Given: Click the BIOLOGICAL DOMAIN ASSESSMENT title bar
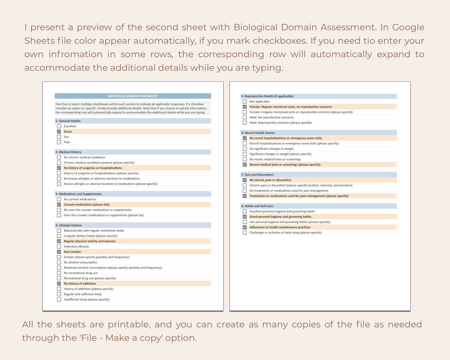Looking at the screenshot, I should [x=133, y=96].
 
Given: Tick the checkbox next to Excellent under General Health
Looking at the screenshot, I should [x=59, y=126].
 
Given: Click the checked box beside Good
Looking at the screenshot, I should [x=59, y=132].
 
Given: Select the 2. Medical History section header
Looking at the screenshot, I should [x=69, y=152].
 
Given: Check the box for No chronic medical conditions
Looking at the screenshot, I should [x=59, y=157].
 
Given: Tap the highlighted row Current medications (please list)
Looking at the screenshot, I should [x=87, y=205].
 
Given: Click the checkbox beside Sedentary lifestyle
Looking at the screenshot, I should [x=59, y=247].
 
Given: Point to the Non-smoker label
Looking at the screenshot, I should [x=72, y=252].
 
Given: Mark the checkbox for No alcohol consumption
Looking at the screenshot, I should [x=59, y=262].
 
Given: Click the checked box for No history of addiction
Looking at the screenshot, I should [x=59, y=284].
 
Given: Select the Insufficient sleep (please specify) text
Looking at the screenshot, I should [x=87, y=300].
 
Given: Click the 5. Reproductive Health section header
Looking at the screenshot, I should [x=268, y=96].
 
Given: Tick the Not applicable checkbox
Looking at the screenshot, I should [x=245, y=101].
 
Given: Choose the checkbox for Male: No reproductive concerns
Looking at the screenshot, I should [x=245, y=117].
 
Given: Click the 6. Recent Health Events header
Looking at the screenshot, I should [x=258, y=133].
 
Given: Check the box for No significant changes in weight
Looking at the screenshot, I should [x=245, y=149].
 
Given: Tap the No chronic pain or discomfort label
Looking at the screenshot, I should [x=270, y=180].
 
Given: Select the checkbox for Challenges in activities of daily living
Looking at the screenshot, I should [x=245, y=233].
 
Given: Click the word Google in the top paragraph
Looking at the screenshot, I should [x=408, y=27].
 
